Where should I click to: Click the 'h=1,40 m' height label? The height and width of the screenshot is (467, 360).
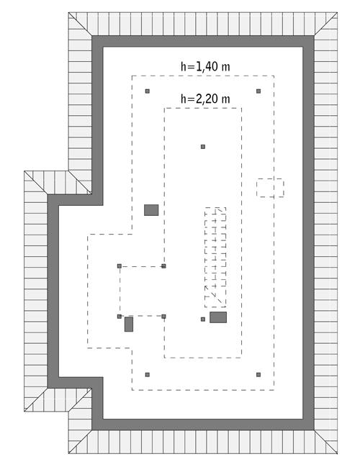[x=205, y=66]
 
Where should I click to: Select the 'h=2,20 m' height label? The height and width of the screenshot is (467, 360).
[x=205, y=99]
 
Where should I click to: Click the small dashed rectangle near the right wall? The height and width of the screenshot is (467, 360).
[x=270, y=188]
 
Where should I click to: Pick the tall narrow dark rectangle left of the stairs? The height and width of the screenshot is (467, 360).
[x=129, y=324]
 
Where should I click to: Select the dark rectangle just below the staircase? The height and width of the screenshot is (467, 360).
[x=218, y=317]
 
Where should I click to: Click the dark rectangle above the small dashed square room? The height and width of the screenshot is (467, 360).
[x=151, y=210]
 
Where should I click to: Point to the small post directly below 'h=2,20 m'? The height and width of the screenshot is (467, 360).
[x=203, y=147]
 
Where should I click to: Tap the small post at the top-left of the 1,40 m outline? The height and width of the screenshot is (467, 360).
[x=148, y=91]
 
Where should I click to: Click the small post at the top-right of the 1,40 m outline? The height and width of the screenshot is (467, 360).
[x=258, y=91]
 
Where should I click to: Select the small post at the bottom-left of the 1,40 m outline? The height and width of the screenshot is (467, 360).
[x=148, y=374]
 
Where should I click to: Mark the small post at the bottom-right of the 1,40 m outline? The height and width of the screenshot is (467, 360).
[x=258, y=374]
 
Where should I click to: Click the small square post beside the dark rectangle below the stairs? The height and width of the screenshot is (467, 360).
[x=203, y=319]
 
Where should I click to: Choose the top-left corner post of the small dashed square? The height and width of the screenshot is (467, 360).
[x=120, y=266]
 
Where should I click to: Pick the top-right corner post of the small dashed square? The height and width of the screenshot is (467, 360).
[x=164, y=266]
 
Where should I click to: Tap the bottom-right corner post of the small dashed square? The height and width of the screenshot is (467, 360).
[x=164, y=316]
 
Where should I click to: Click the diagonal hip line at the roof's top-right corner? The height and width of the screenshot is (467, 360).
[x=325, y=25]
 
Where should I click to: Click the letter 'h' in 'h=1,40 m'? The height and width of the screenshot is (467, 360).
[x=183, y=66]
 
